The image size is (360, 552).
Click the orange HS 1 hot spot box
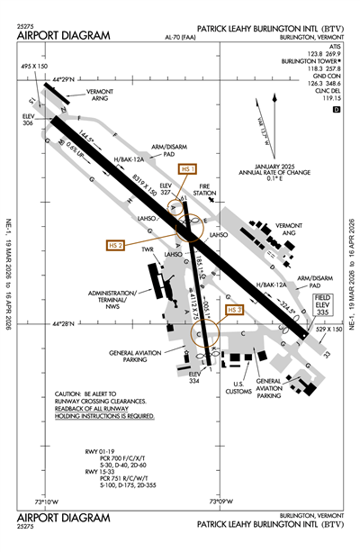187,169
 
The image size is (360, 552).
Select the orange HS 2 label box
116,244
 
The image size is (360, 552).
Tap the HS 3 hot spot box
235,310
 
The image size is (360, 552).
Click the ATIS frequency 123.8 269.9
326,53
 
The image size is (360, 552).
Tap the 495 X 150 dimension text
35,68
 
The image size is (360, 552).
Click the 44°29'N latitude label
67,81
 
